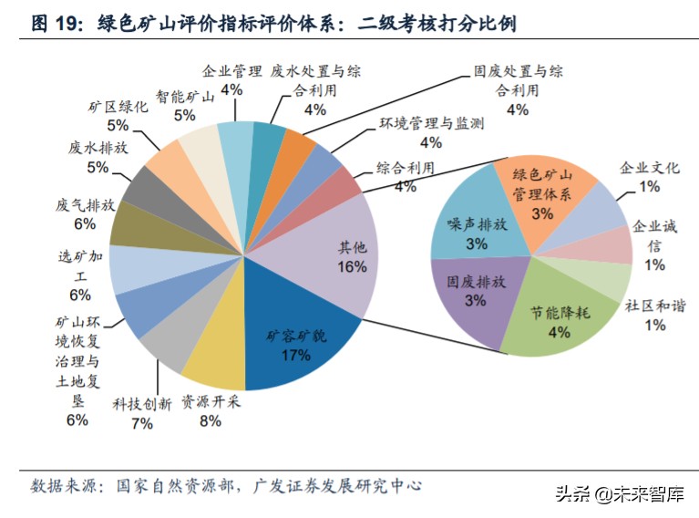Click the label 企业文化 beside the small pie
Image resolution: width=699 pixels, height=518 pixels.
650,168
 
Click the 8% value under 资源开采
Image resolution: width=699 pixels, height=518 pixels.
211,421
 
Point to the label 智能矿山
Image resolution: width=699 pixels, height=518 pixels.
185,95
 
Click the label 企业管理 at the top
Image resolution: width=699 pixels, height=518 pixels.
231,70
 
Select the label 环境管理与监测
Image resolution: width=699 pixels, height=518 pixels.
431,123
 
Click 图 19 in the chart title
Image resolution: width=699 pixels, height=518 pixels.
57,23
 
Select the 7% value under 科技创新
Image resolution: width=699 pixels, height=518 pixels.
141,422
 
